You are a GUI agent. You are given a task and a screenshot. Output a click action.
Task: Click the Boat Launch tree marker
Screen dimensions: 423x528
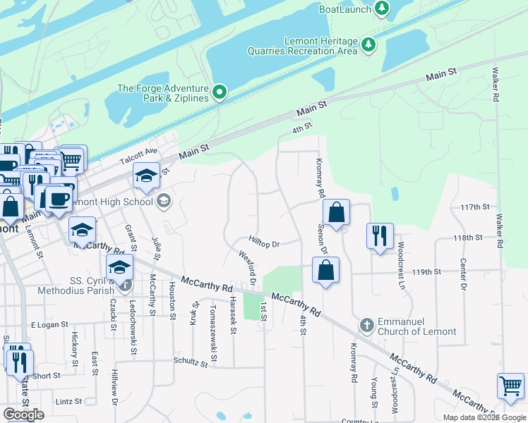pyautogui.click(x=382, y=8)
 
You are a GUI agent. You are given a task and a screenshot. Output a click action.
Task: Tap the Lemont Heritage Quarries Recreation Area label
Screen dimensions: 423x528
pyautogui.click(x=301, y=46)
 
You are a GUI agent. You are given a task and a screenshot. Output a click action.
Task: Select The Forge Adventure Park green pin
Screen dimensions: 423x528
pyautogui.click(x=220, y=92)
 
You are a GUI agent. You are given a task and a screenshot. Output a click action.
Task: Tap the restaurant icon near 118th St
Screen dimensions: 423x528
pyautogui.click(x=380, y=236)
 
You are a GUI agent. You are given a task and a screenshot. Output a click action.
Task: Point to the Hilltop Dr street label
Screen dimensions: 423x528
pyautogui.click(x=265, y=244)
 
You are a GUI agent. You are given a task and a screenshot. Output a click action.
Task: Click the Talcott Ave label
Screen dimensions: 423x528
pyautogui.click(x=138, y=156)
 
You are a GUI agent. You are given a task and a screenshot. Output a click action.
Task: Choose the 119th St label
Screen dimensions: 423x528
pyautogui.click(x=426, y=271)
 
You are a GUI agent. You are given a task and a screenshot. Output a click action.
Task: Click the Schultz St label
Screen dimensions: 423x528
pyautogui.click(x=191, y=362)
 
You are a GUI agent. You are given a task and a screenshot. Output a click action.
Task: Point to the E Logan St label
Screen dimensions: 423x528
pyautogui.click(x=49, y=325)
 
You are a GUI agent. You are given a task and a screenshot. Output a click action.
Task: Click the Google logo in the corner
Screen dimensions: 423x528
pyautogui.click(x=23, y=415)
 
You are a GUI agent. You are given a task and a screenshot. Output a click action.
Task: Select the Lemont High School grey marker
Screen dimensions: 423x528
pyautogui.click(x=164, y=202)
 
